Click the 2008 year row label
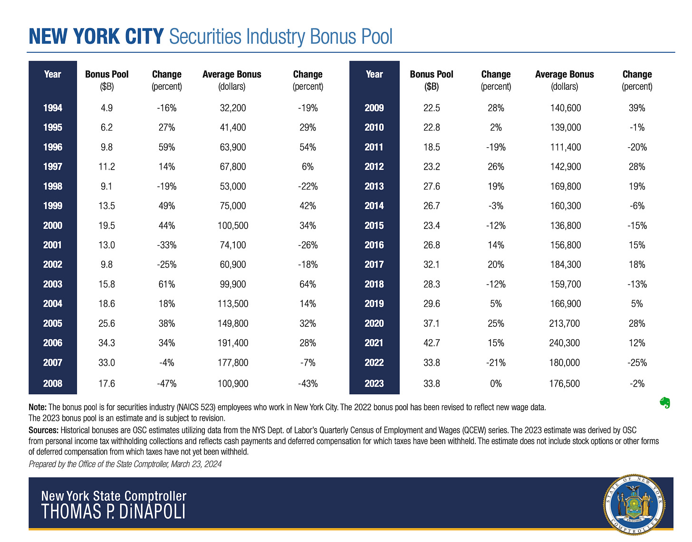(53, 383)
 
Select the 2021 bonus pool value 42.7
(432, 343)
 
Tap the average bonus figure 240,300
(565, 343)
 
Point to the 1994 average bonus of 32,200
(233, 108)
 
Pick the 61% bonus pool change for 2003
(166, 284)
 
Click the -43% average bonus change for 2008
(308, 383)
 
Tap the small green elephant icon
(665, 403)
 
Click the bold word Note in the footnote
(38, 407)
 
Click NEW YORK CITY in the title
(96, 37)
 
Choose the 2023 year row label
(374, 383)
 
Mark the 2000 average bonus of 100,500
(233, 226)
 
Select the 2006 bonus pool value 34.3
(107, 343)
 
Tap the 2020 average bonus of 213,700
(565, 323)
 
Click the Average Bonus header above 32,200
(232, 75)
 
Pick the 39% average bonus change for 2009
(637, 108)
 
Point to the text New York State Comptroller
(114, 496)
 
